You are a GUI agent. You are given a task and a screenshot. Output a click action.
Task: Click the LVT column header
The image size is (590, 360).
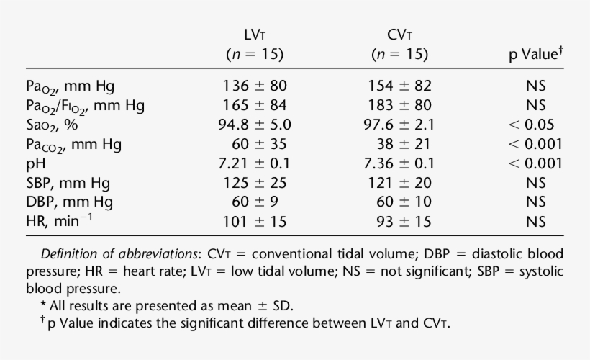coord(255,35)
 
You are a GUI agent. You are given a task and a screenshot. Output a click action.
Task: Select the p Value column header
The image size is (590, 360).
coord(535,55)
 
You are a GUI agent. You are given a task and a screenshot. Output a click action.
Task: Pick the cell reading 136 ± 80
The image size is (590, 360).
coord(255,86)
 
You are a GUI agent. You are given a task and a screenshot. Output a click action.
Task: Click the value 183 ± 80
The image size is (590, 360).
coord(399,105)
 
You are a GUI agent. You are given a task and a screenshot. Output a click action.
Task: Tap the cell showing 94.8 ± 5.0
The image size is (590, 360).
coord(255,125)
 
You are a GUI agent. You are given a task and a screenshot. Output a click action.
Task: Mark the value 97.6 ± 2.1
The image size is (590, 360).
coord(399,125)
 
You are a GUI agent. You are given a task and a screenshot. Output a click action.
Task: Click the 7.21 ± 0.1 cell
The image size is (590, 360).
coord(255,163)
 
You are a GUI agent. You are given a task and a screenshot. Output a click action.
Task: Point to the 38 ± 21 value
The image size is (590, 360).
coord(399,144)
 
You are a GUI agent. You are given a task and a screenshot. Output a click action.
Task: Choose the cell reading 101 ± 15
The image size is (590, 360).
coord(255,222)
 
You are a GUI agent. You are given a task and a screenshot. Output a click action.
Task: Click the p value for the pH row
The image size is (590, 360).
coord(535,163)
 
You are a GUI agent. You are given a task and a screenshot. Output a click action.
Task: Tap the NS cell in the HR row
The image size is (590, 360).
coord(535,222)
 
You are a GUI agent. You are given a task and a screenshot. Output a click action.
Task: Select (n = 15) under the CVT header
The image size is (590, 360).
coord(399,55)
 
